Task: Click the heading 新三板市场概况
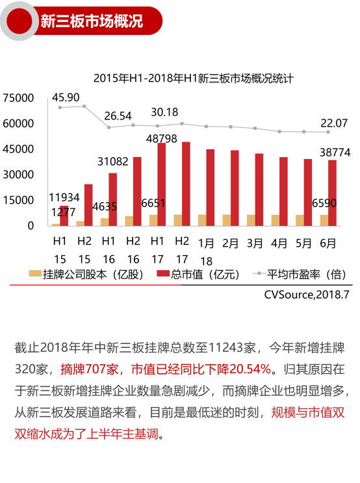coord(91,21)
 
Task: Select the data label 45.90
coord(66,97)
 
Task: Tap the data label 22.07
coord(334,123)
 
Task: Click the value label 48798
coord(162,138)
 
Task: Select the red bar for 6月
coord(333,193)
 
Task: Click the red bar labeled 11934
coord(64,216)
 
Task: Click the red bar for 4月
coord(283,192)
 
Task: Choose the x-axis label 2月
coord(231,244)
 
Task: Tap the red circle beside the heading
coord(20,21)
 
